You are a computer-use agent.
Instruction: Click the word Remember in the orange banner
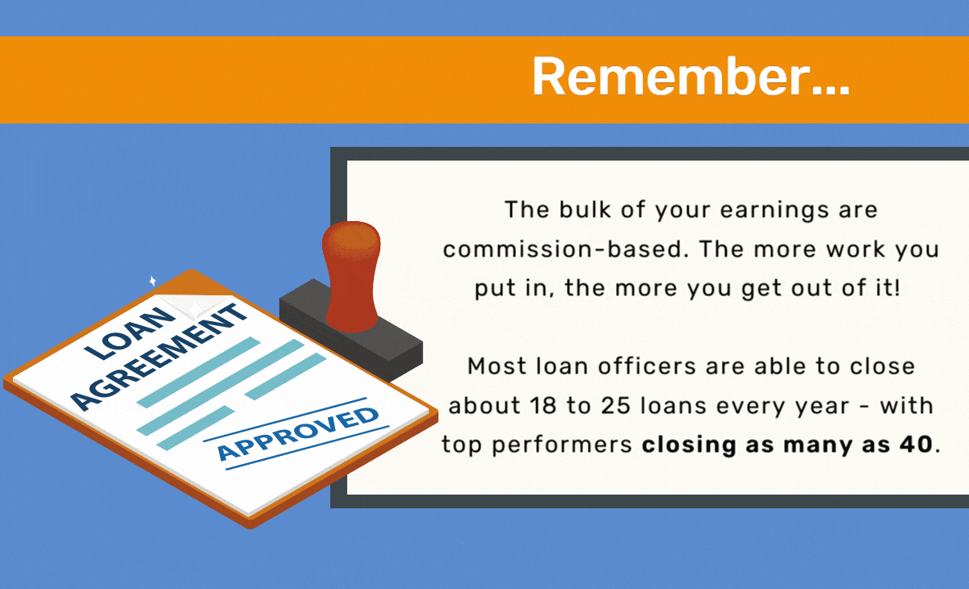point(671,76)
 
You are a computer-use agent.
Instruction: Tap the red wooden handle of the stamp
point(351,277)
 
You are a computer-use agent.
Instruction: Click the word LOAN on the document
point(131,333)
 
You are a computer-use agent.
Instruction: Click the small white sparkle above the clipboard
point(153,281)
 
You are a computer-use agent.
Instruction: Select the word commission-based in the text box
point(565,249)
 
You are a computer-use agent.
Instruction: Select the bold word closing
point(689,445)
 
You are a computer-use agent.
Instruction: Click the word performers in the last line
point(562,445)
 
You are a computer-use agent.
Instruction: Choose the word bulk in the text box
point(585,210)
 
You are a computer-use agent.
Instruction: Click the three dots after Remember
point(831,90)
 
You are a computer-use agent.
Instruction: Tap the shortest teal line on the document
point(195,428)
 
